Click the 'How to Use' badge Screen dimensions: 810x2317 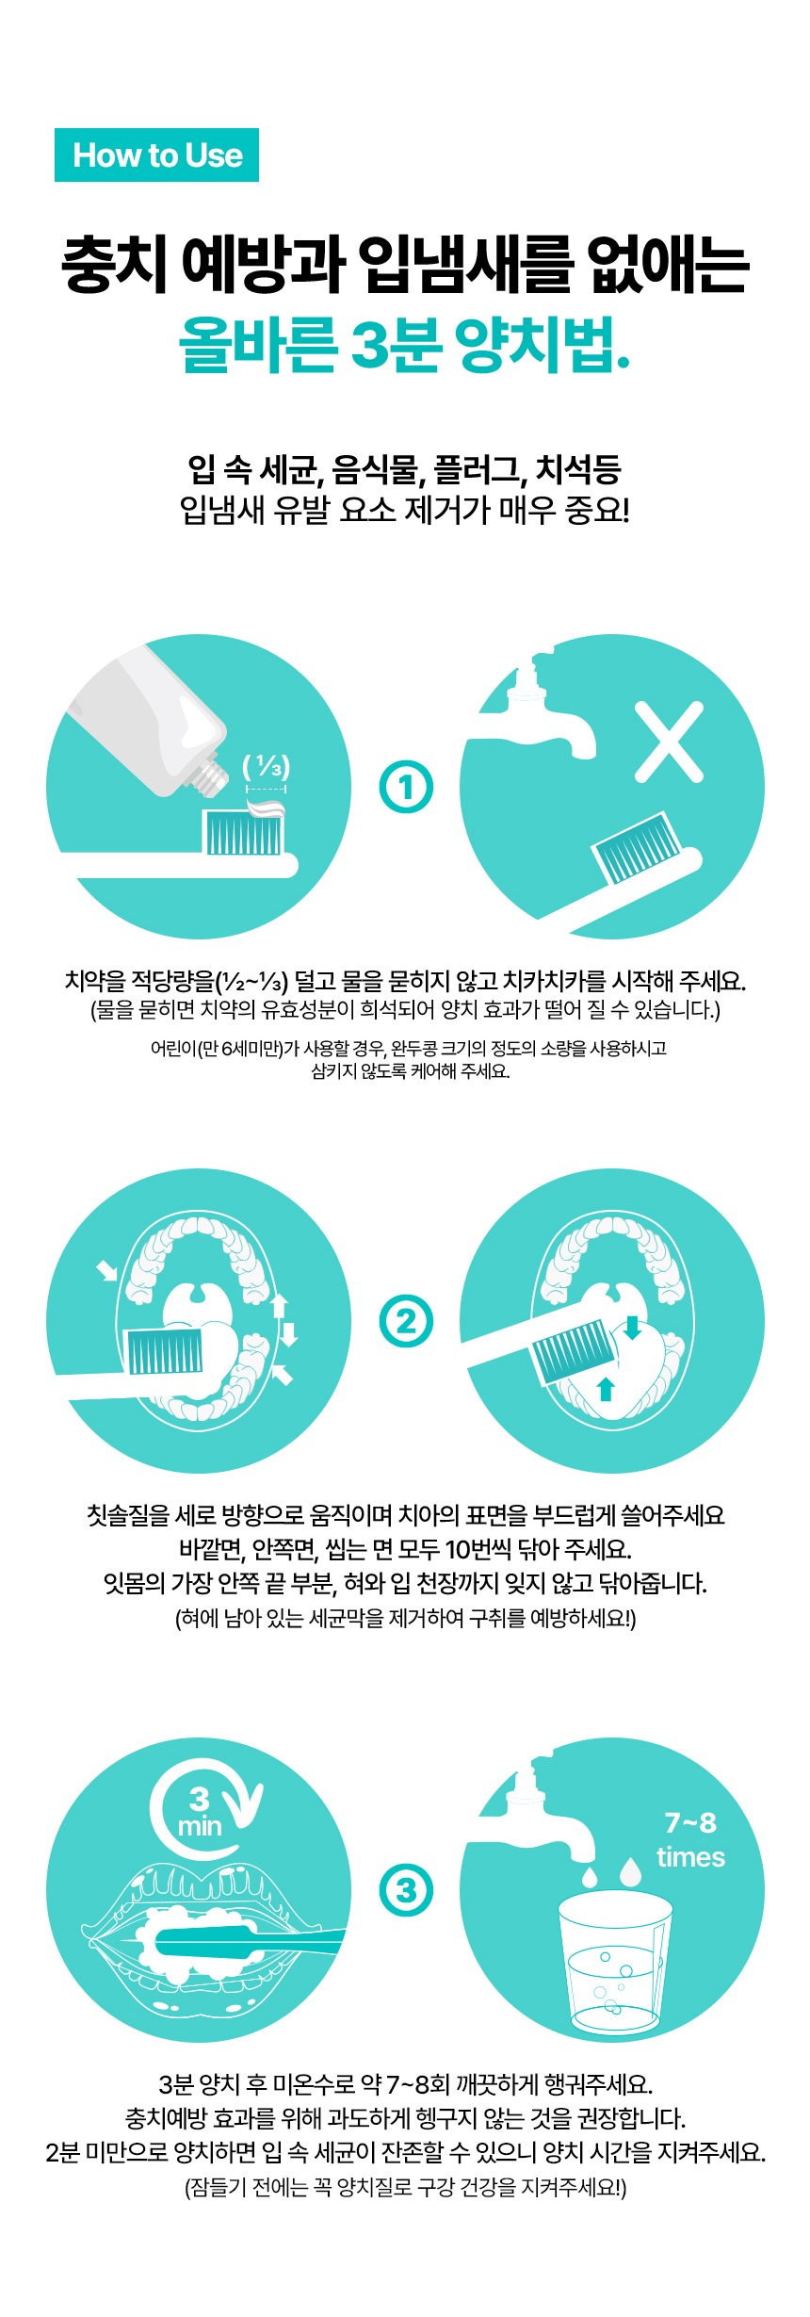[x=156, y=155]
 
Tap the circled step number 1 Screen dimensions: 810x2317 [x=406, y=788]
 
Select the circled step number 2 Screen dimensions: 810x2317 [x=406, y=1322]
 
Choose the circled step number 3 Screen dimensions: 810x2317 [x=406, y=1890]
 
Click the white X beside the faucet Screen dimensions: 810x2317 [x=670, y=742]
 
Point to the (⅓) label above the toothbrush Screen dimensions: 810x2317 [x=267, y=767]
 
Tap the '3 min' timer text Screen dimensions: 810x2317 [x=200, y=1812]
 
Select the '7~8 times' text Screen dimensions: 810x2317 [x=690, y=1840]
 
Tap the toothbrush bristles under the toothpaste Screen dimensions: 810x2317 [x=244, y=832]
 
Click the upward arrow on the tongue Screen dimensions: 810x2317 [x=606, y=1389]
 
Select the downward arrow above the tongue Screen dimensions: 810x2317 [x=632, y=1327]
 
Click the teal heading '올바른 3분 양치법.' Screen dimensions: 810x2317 [x=405, y=346]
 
